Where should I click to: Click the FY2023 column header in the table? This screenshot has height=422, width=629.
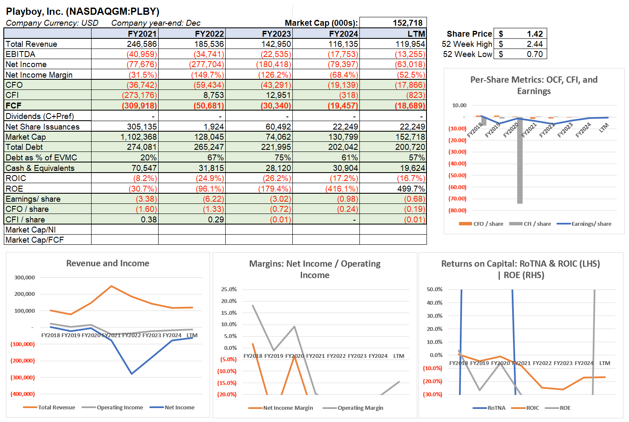point(276,34)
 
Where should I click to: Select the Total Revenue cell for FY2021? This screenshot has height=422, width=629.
point(142,44)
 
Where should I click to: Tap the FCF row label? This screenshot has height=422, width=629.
point(13,105)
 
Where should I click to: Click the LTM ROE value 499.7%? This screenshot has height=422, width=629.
point(411,189)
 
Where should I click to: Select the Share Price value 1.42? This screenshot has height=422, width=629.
point(535,34)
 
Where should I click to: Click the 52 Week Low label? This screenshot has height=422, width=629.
point(467,54)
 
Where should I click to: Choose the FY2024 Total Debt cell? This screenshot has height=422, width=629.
point(343,147)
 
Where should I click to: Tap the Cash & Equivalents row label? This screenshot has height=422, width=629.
point(40,168)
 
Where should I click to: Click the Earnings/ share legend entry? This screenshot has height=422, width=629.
point(591,224)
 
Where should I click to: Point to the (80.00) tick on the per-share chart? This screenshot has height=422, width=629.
point(457,210)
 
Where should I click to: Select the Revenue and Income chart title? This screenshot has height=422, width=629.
point(108,263)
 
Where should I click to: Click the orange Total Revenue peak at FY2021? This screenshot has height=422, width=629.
point(111,286)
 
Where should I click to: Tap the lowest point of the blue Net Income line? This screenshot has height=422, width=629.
point(132,373)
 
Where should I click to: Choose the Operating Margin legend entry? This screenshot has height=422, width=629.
point(360,408)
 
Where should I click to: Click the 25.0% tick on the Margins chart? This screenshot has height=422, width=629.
point(229,289)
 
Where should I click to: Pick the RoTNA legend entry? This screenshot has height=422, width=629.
point(496,408)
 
